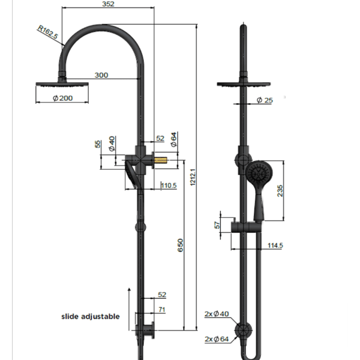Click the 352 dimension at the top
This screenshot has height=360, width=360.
pos(108,4)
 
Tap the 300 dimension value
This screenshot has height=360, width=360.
pos(102,75)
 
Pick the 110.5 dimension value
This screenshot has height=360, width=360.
pos(169,186)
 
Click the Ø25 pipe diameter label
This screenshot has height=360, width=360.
pos(265,100)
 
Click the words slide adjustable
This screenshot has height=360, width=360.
pos(90,316)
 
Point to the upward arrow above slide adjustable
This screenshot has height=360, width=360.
pos(130,303)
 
